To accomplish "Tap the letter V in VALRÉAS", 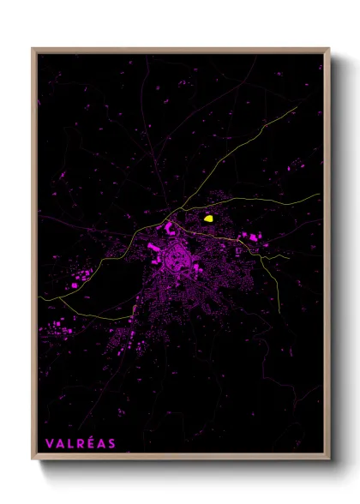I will tap(49, 443).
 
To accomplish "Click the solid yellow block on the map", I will tap(208, 219).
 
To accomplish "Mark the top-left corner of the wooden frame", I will tap(33, 49).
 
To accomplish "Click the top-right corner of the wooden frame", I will tap(329, 49).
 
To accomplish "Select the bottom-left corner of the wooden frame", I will tap(33, 459).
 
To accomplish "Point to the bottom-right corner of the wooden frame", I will tap(329, 459).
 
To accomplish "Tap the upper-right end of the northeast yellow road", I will tap(302, 106).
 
